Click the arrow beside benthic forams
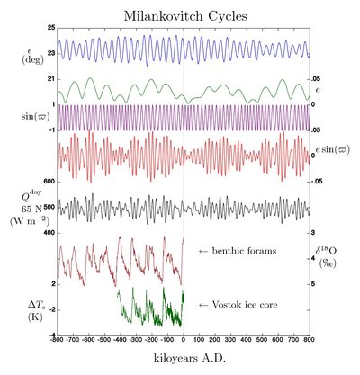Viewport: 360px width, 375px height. [203, 249]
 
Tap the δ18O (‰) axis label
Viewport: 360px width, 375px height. [334, 259]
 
